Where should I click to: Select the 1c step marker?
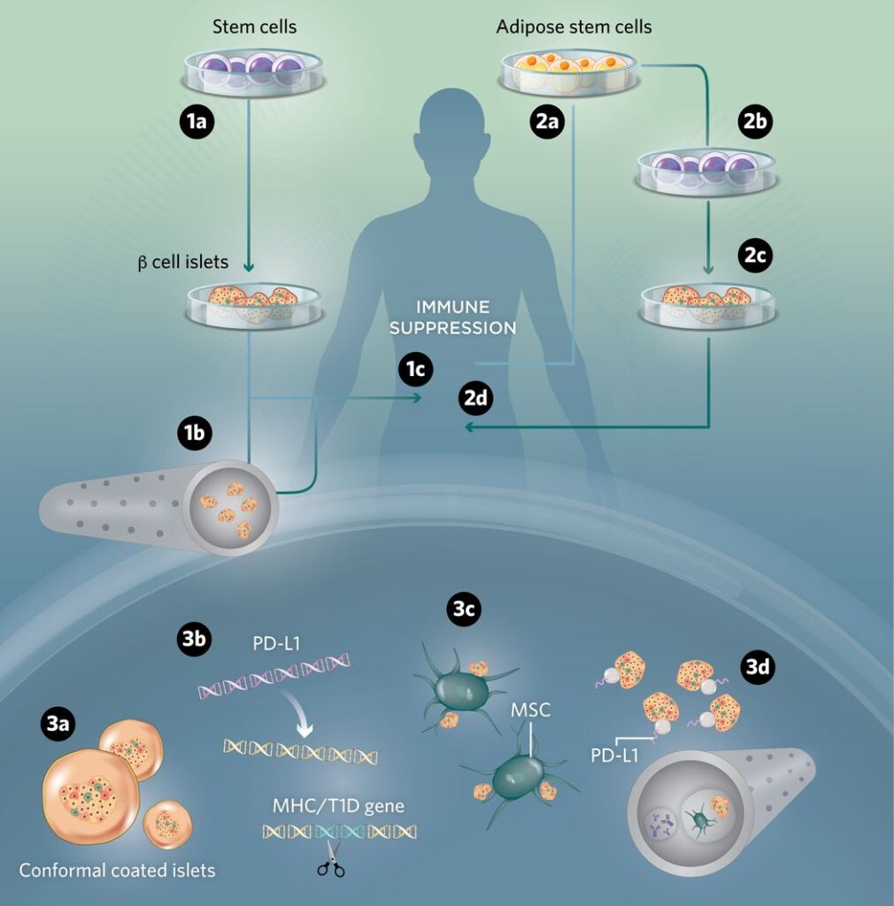[414, 371]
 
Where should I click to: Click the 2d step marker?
[476, 397]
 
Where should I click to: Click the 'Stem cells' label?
[254, 27]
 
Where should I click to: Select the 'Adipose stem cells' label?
[574, 27]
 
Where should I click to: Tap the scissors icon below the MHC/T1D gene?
[331, 858]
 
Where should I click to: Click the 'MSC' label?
[529, 710]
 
